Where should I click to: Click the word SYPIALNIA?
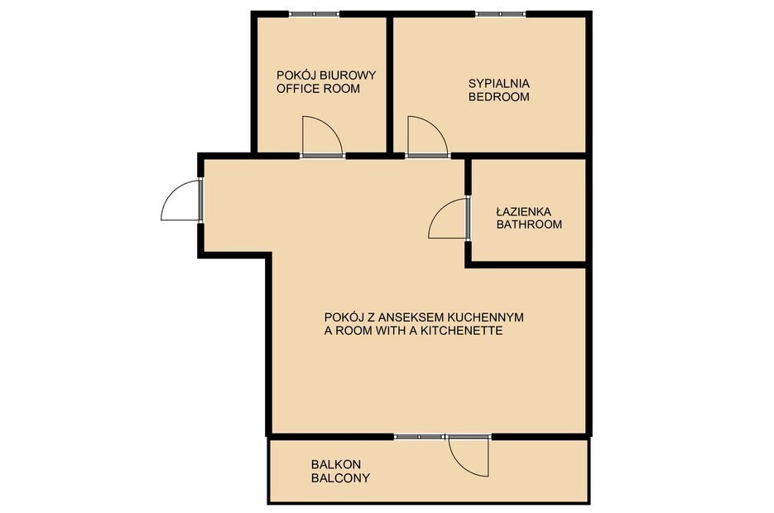(499, 84)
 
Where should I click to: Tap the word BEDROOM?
(499, 97)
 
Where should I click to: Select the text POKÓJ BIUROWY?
(326, 75)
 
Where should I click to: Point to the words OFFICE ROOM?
(319, 89)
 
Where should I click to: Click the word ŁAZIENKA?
(524, 211)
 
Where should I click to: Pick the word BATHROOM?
(529, 225)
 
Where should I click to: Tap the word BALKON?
(335, 465)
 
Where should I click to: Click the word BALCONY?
(340, 478)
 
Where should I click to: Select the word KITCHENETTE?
(461, 331)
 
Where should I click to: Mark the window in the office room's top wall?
(315, 14)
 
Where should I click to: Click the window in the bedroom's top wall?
(501, 14)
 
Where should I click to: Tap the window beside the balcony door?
(420, 437)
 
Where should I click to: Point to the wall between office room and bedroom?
(389, 85)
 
